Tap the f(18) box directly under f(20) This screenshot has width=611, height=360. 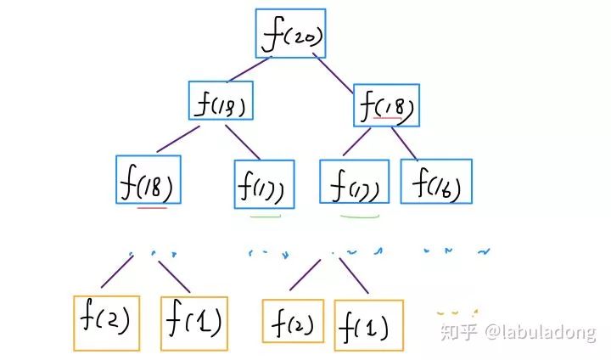(386, 105)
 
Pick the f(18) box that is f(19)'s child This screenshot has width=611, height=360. (148, 178)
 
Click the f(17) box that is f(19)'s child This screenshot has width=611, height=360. (264, 183)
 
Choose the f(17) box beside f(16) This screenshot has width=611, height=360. (354, 182)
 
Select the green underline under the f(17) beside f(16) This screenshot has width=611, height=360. (360, 217)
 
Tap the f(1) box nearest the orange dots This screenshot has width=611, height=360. (367, 323)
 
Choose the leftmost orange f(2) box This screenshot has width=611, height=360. (106, 323)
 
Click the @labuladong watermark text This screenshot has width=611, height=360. (541, 332)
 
